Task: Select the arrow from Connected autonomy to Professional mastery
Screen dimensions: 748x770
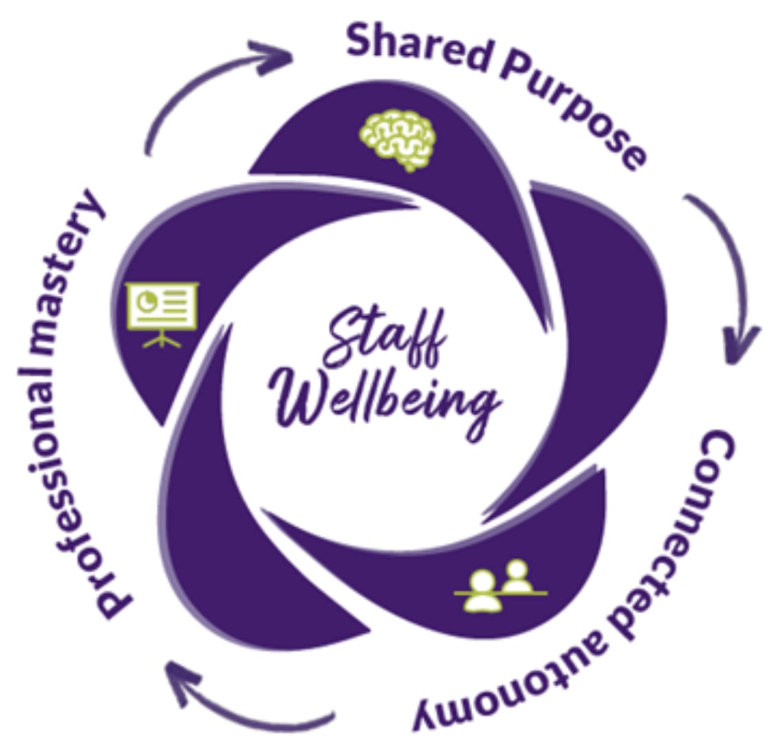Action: (240, 700)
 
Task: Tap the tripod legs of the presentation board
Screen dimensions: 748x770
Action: (162, 338)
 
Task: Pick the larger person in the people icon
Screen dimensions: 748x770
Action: (482, 590)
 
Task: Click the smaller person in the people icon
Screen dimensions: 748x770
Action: (516, 576)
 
